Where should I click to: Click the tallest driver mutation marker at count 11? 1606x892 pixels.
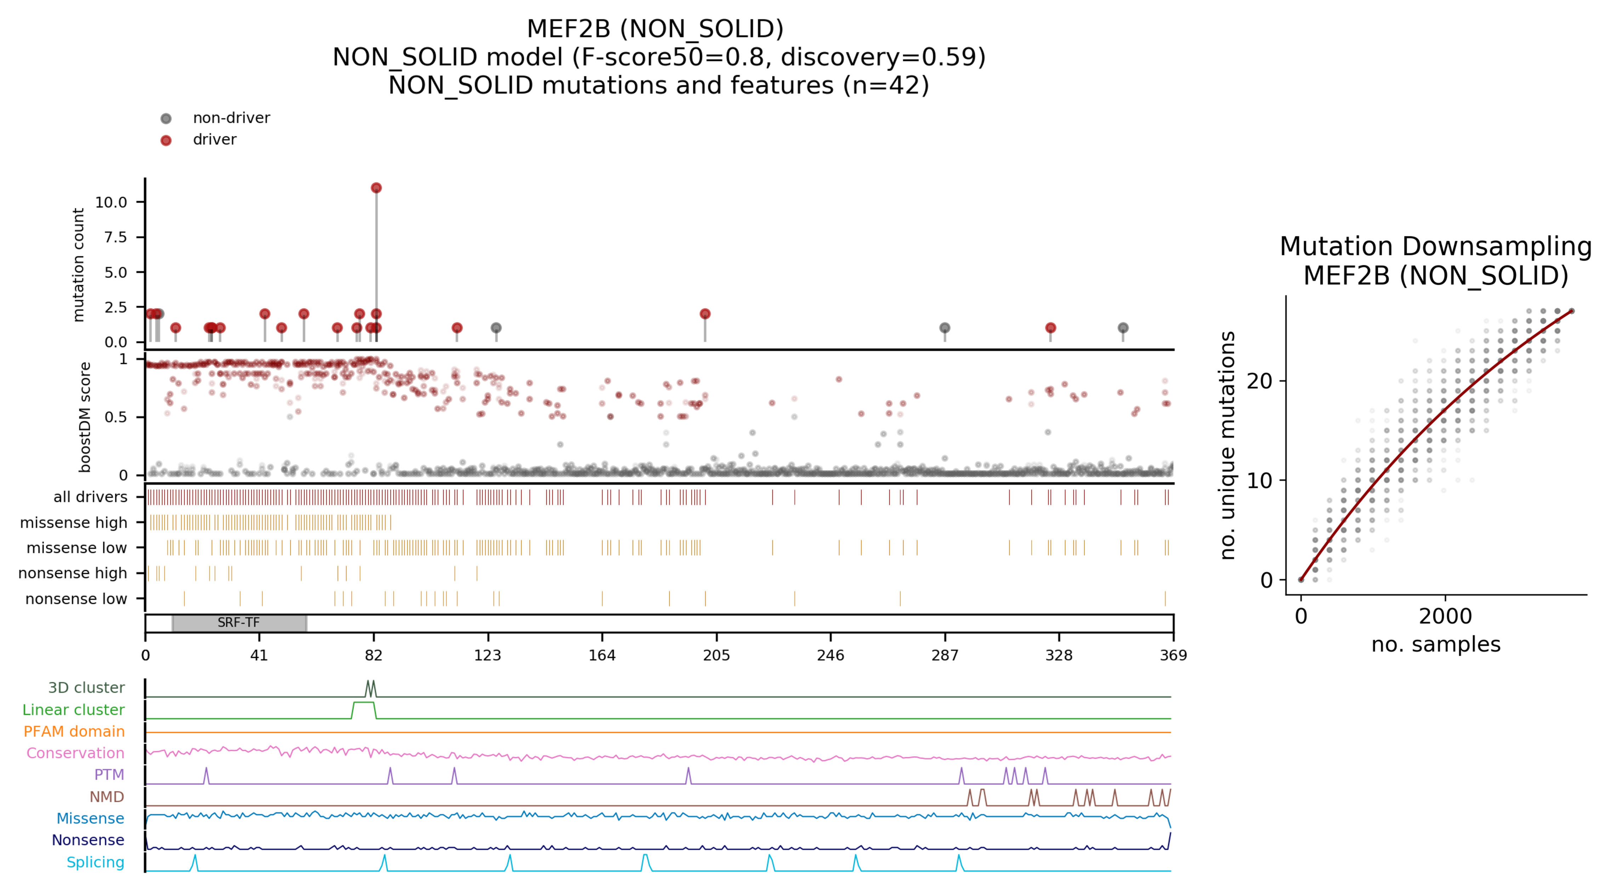coord(376,188)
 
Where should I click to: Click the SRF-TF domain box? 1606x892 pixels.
coord(239,622)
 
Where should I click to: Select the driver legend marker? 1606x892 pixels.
coord(166,140)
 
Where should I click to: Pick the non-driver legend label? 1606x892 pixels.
coord(231,118)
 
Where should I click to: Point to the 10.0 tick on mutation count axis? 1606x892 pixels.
coord(111,202)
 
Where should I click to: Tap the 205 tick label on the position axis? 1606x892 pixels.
coord(716,655)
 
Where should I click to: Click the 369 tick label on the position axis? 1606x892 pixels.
coord(1173,655)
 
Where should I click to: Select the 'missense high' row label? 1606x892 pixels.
coord(74,523)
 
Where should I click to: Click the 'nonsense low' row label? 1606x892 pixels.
coord(76,599)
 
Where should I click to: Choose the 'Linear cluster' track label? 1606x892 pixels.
coord(74,710)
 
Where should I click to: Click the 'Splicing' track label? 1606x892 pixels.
coord(95,862)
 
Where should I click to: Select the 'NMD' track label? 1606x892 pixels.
coord(107,797)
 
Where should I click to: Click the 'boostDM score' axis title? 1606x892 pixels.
coord(85,417)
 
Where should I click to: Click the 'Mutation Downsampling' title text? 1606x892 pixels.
coord(1435,247)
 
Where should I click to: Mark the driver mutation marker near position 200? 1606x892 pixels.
coord(705,314)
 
